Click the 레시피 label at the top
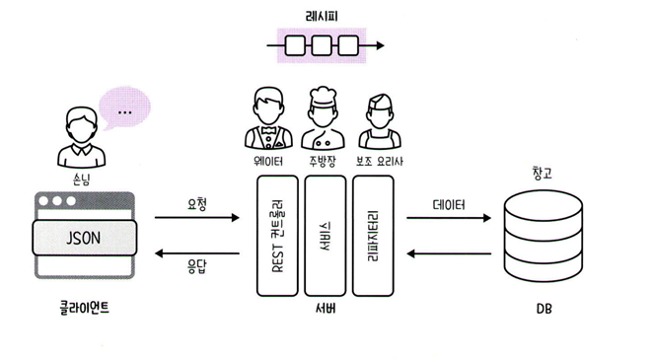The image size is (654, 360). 322,17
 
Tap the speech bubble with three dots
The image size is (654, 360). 124,108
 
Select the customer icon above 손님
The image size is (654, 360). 81,137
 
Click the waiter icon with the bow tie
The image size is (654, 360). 268,118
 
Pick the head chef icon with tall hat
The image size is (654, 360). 323,118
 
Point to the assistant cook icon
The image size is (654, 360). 380,121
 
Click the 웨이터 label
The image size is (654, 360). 268,162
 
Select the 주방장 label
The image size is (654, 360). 323,162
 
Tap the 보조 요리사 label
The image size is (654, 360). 380,162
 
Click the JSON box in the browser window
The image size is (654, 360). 85,238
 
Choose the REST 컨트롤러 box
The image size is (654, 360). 277,236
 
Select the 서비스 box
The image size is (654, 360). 326,236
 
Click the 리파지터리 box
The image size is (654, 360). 373,236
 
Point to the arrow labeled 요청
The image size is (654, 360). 197,217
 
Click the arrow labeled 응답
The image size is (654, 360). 197,253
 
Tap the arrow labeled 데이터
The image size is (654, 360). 449,218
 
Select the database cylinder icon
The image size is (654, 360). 544,236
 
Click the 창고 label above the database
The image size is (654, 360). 543,173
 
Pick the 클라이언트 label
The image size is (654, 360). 85,308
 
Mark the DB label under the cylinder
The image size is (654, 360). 544,309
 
